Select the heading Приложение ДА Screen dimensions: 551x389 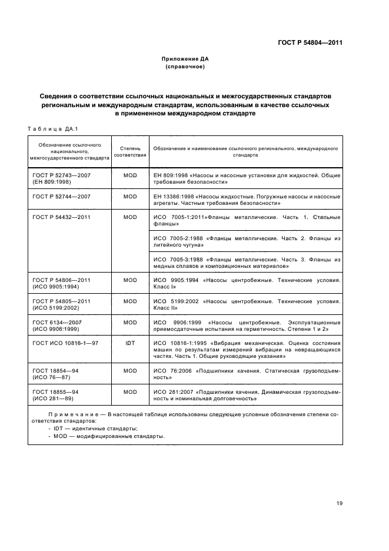185,59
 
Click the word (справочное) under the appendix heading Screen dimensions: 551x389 185,67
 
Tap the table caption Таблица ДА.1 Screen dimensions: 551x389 49,129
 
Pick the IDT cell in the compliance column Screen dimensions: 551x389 130,342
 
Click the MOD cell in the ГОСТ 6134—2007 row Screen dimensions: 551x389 130,322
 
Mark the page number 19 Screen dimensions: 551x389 339,503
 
